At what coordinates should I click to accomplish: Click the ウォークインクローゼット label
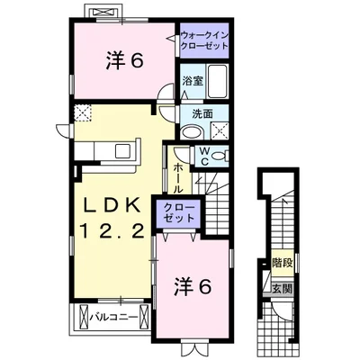pos(208,40)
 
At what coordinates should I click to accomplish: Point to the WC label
pos(204,155)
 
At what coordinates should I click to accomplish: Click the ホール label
pos(178,176)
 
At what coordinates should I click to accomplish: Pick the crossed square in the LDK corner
pos(84,112)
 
